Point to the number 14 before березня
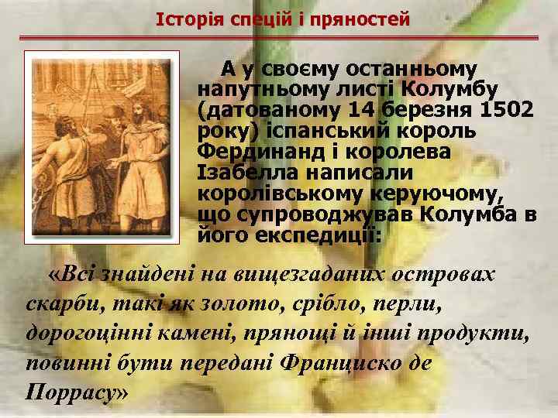[364, 110]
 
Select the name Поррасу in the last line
[68, 391]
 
